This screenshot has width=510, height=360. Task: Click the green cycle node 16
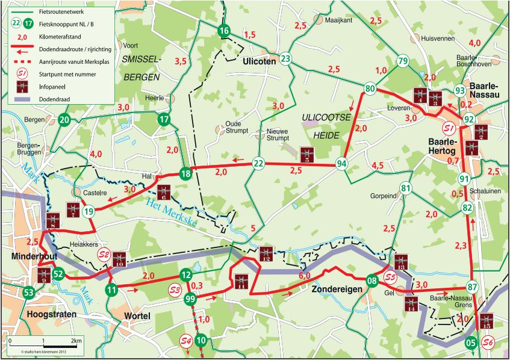click(x=224, y=31)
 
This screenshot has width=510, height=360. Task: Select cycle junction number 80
click(x=370, y=90)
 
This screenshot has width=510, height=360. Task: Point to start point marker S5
click(x=390, y=278)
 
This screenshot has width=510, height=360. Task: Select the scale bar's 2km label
click(x=76, y=341)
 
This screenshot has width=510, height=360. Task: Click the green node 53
click(x=28, y=293)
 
